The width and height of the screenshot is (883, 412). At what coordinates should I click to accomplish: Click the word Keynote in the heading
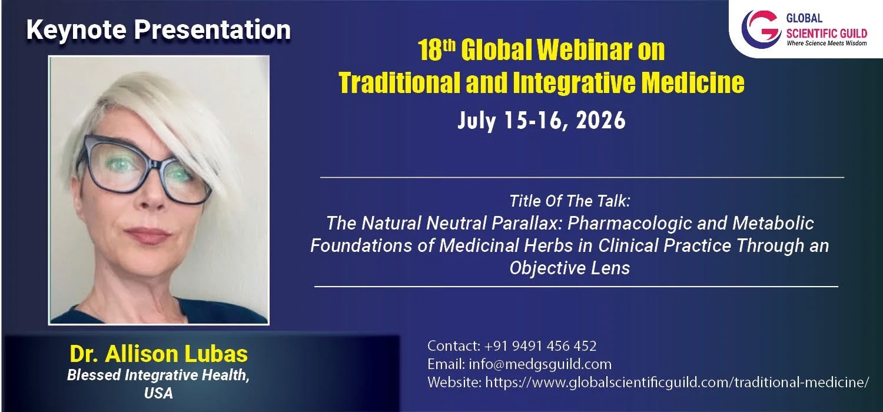(77, 31)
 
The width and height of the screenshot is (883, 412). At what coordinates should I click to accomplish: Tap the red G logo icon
(761, 29)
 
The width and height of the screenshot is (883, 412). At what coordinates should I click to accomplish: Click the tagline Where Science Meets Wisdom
(826, 44)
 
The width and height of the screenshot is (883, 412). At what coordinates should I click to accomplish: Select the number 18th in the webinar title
(436, 50)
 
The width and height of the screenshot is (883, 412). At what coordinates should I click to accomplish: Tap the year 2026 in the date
(600, 120)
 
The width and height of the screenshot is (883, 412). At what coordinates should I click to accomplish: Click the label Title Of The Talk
(570, 201)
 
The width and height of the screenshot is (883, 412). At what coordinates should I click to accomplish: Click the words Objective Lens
(570, 268)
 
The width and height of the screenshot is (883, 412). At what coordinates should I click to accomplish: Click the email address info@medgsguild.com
(540, 364)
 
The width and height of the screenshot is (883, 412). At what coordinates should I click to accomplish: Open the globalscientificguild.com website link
(677, 382)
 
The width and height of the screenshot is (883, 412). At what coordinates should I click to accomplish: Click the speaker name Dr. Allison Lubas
(158, 353)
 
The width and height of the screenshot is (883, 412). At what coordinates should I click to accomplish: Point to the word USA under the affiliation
(158, 393)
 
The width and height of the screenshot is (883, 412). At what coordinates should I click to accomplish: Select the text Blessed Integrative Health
(158, 375)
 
